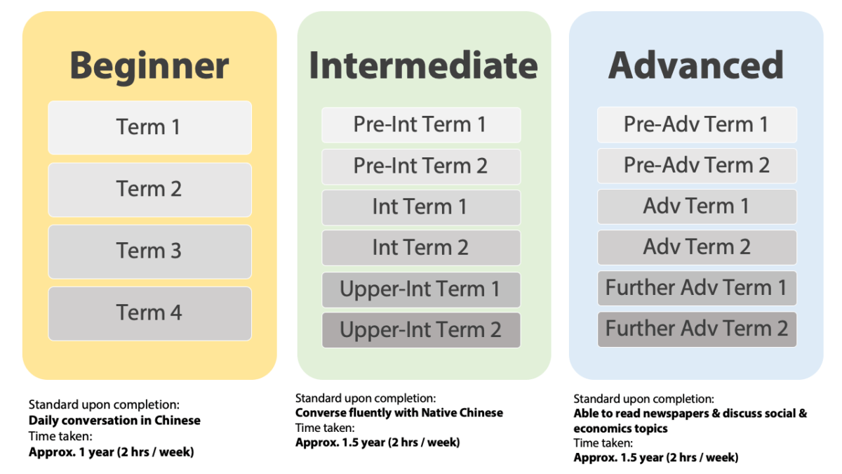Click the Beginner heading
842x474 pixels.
(x=149, y=65)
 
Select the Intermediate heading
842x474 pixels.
(x=423, y=65)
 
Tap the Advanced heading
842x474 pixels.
(x=695, y=65)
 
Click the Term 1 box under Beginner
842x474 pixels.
(x=149, y=127)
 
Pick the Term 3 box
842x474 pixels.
(x=149, y=251)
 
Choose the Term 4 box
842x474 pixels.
(x=149, y=312)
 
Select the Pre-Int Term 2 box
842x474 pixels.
(x=421, y=166)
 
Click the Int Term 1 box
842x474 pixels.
(x=421, y=207)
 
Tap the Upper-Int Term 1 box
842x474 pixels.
(x=421, y=289)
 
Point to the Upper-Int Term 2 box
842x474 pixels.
(x=421, y=330)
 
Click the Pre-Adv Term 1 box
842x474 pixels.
(x=697, y=125)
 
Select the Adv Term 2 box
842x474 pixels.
(x=697, y=247)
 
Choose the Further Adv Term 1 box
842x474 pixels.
(x=697, y=288)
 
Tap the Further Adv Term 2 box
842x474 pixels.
(x=697, y=329)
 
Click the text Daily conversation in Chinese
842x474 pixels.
(x=114, y=421)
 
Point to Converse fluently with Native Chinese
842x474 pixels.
(x=399, y=413)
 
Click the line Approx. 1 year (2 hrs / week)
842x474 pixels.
(x=111, y=452)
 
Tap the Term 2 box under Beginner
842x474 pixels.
(x=149, y=189)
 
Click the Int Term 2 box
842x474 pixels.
(x=421, y=248)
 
